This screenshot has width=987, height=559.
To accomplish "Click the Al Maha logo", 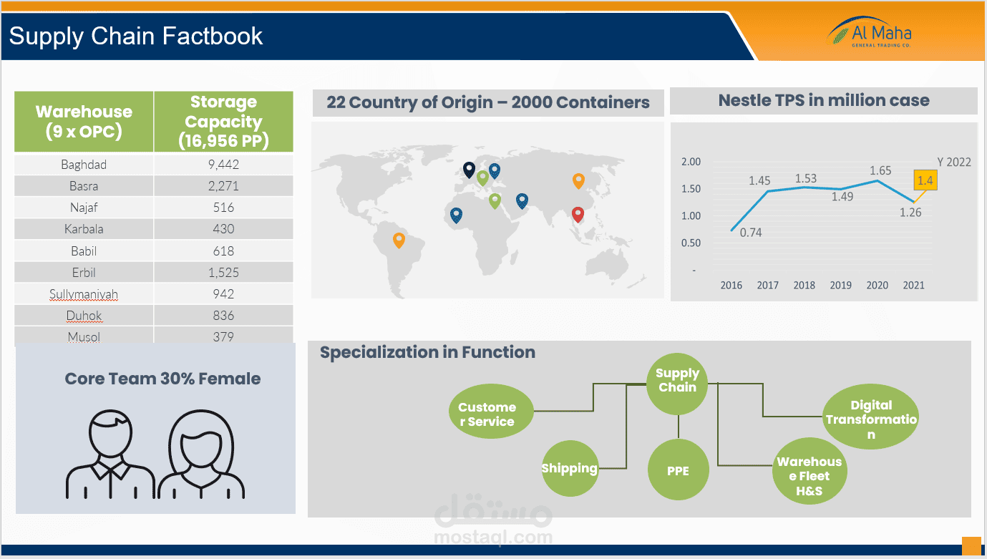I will pyautogui.click(x=870, y=33).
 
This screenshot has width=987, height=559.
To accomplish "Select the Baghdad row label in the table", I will pyautogui.click(x=84, y=165).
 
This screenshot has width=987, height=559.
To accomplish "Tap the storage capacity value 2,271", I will pyautogui.click(x=223, y=186).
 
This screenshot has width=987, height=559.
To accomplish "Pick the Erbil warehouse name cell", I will pyautogui.click(x=84, y=273).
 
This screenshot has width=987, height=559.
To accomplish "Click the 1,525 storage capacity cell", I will pyautogui.click(x=223, y=273).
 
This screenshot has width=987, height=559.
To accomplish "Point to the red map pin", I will pyautogui.click(x=578, y=213).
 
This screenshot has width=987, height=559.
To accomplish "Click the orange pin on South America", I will pyautogui.click(x=399, y=240).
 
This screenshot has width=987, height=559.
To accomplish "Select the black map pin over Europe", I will pyautogui.click(x=468, y=169).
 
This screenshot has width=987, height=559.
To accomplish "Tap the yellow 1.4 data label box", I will pyautogui.click(x=925, y=180).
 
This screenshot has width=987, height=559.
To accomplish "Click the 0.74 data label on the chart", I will pyautogui.click(x=751, y=232).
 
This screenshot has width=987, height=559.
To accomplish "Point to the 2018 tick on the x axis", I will pyautogui.click(x=804, y=285).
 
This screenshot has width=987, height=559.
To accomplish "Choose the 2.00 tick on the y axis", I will pyautogui.click(x=691, y=162).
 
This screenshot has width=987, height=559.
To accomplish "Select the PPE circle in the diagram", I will pyautogui.click(x=678, y=470).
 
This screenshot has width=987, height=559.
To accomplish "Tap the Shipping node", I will pyautogui.click(x=570, y=468).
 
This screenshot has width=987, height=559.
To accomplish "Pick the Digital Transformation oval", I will pyautogui.click(x=870, y=419).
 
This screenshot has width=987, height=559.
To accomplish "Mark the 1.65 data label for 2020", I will pyautogui.click(x=880, y=170).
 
